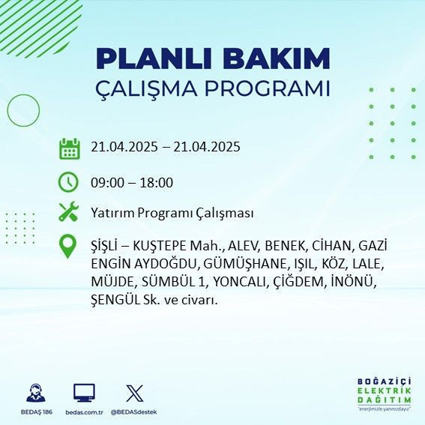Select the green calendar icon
[69, 148]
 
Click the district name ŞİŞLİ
[105, 246]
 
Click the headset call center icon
[34, 394]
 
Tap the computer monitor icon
[84, 393]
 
